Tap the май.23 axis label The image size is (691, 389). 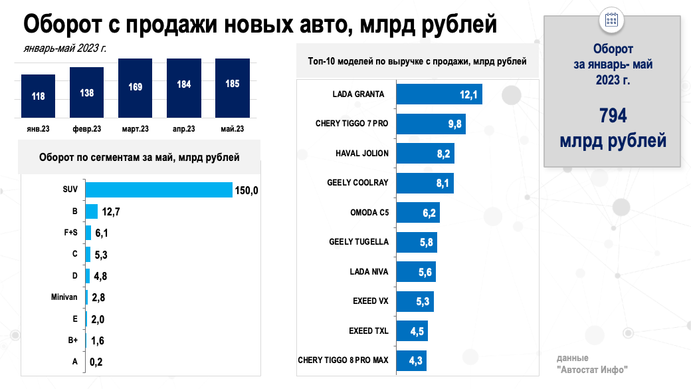coord(232,128)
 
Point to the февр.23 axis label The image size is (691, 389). coord(86,128)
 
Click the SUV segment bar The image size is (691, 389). coord(158,190)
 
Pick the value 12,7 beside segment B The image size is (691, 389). coord(110,212)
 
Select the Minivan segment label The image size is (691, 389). coord(64,297)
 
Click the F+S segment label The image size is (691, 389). coord(69,233)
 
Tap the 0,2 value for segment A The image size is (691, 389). coord(95,362)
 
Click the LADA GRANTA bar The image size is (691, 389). coord(439,94)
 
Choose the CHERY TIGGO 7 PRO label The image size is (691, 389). coord(352,124)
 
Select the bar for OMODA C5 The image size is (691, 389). coord(418,212)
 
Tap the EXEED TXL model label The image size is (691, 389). coord(368,330)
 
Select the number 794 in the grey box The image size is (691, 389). coord(612,116)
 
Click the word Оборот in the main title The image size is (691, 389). coord(66,25)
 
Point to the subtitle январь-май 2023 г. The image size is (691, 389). coord(64,48)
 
